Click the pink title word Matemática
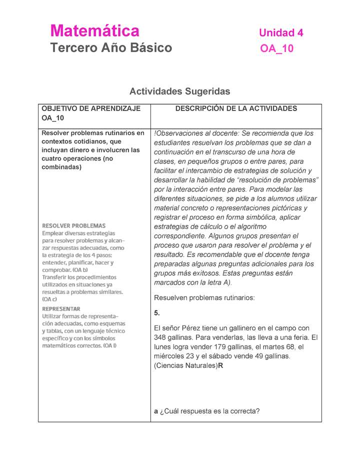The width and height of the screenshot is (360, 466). click(94, 31)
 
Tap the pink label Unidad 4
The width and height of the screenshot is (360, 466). click(281, 33)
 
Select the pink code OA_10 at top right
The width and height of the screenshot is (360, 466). click(276, 48)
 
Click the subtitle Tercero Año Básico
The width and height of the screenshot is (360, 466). click(110, 48)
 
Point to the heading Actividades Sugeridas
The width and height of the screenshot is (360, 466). click(179, 91)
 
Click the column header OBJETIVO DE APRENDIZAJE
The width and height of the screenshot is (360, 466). click(91, 108)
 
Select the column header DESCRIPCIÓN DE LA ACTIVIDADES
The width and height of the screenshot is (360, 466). click(236, 108)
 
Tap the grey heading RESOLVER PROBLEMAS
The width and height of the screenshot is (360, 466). click(73, 225)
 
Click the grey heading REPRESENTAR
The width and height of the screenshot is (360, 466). click(61, 308)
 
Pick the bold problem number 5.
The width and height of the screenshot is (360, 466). click(157, 313)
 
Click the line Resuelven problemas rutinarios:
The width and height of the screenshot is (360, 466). click(204, 298)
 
